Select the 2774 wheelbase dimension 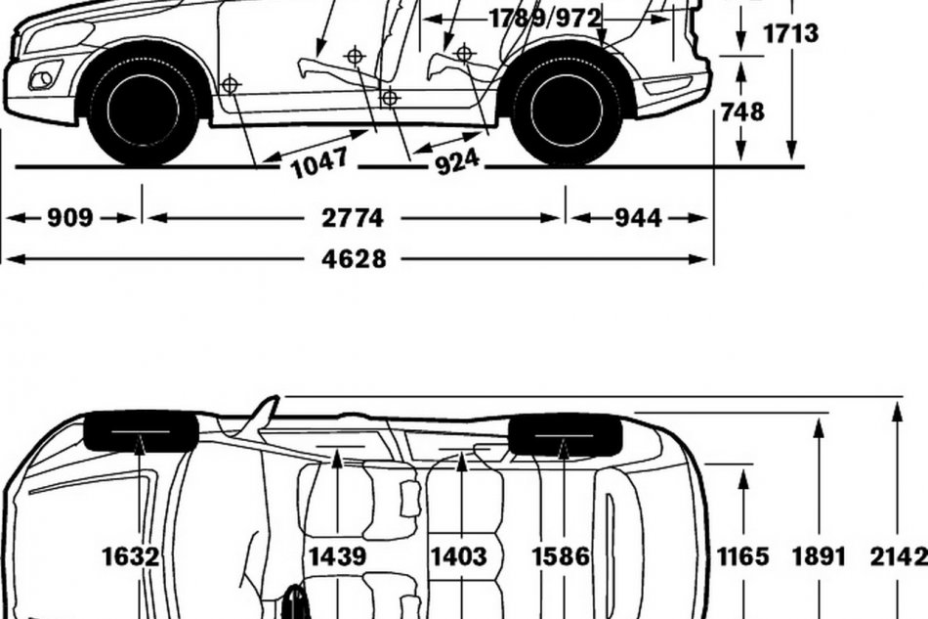coord(354,217)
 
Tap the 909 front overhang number coord(70,217)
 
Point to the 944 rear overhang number coord(639,217)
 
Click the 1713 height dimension coord(790,34)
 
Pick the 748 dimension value coord(742,111)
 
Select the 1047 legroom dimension coord(319,161)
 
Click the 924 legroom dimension coord(457,159)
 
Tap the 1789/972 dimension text coord(544,18)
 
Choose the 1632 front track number coord(131,556)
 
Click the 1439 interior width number coord(338,556)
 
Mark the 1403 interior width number coord(458,556)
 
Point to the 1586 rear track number coord(561,556)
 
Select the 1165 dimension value coord(743,556)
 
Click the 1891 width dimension coord(819,556)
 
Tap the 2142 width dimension coord(898,556)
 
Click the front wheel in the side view coord(144,109)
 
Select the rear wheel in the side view coord(567,109)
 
